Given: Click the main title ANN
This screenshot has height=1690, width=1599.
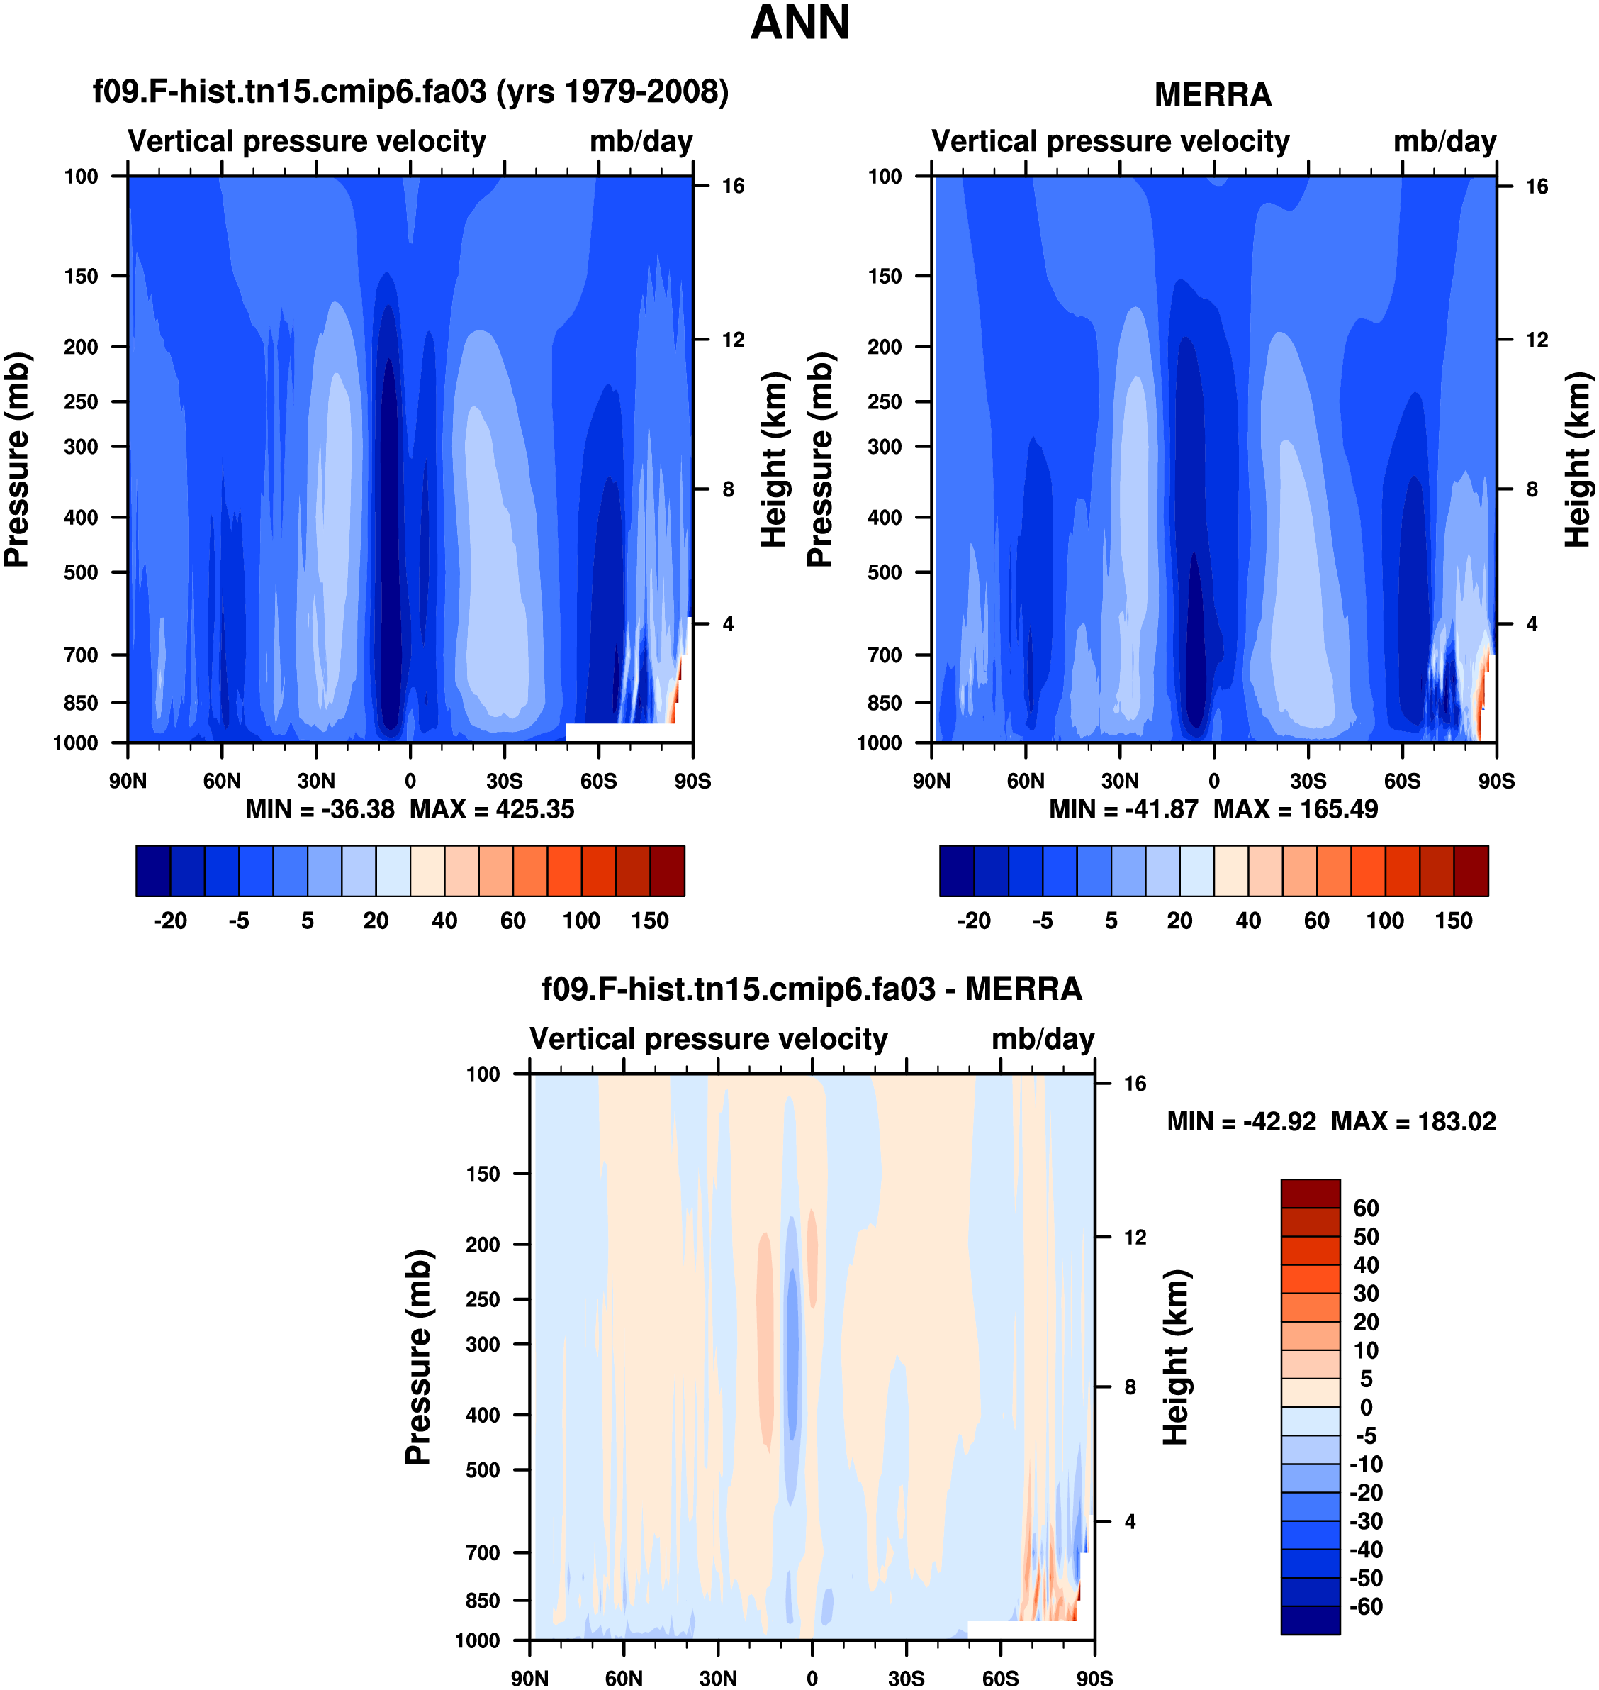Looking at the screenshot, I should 799,23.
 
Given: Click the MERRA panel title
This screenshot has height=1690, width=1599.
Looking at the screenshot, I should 1212,94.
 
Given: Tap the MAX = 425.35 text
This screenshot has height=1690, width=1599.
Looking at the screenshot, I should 492,809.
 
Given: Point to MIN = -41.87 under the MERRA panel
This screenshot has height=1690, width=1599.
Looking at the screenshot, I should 1123,809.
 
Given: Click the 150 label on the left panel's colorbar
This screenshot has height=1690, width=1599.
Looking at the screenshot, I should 649,921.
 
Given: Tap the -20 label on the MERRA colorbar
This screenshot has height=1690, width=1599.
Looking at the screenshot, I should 973,921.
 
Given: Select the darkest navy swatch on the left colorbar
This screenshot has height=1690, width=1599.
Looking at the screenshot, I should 153,871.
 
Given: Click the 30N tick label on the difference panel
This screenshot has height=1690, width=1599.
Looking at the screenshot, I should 718,1678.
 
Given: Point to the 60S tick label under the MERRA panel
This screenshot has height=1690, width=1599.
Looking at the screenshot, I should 1402,781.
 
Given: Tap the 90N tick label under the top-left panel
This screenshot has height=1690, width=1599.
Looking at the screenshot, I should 128,781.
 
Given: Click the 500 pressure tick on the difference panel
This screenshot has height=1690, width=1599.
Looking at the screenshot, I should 483,1470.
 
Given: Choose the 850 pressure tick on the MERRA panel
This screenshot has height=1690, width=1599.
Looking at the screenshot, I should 884,703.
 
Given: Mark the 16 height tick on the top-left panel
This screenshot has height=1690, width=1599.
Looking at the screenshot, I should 733,186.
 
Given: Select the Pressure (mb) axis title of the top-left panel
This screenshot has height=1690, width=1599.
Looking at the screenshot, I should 17,460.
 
